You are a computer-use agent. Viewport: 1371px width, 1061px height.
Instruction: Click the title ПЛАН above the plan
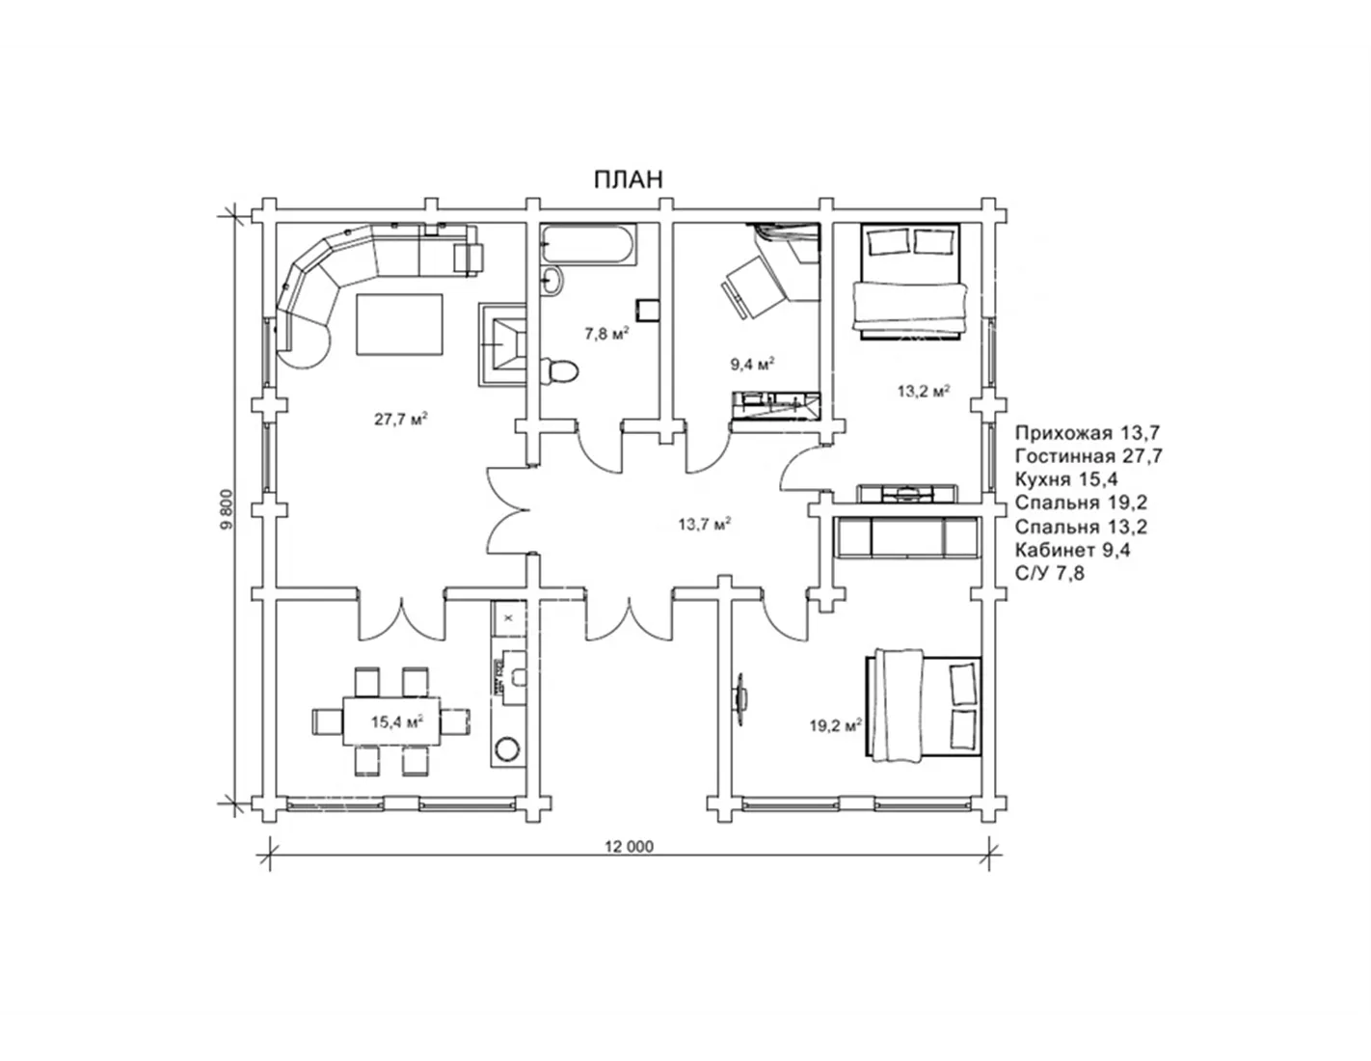(x=629, y=179)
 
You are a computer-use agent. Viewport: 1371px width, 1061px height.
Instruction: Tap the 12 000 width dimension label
(x=629, y=847)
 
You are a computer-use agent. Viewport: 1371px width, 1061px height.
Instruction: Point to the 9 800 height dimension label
(x=228, y=510)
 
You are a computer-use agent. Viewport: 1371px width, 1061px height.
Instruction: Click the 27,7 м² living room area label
(x=401, y=419)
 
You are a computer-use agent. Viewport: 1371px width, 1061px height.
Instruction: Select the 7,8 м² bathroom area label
(x=607, y=334)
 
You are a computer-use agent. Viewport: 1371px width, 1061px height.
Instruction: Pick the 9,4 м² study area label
(x=752, y=365)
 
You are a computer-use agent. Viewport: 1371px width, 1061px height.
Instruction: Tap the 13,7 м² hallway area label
(x=704, y=524)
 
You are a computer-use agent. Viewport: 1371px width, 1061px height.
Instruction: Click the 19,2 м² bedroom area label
(x=835, y=726)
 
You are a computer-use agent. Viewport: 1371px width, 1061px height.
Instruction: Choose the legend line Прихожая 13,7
(x=1088, y=433)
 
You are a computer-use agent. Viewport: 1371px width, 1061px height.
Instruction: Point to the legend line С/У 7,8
(x=1050, y=573)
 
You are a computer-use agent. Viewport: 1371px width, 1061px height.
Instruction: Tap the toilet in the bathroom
(x=559, y=370)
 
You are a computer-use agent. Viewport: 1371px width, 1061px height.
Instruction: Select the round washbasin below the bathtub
(x=551, y=280)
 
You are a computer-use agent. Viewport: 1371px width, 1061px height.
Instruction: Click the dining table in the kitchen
(x=391, y=721)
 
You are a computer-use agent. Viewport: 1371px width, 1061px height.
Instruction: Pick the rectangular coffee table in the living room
(x=399, y=324)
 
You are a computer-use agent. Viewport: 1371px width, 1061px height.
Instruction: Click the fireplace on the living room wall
(x=503, y=344)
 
